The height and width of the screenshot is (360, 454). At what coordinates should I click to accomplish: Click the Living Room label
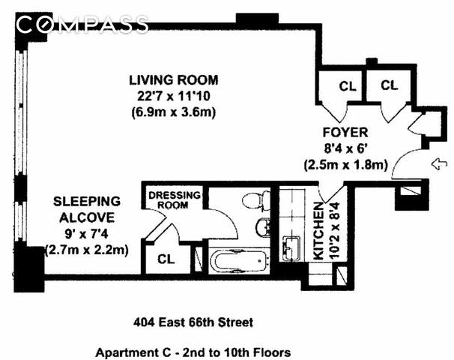[174, 80]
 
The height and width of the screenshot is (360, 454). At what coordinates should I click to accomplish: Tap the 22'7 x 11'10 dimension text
[174, 96]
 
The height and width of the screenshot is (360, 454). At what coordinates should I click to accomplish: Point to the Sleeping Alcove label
[87, 209]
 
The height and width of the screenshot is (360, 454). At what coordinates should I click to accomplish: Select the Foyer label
[345, 133]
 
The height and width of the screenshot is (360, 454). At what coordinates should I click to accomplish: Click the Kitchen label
[318, 231]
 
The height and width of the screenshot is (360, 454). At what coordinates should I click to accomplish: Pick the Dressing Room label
[175, 200]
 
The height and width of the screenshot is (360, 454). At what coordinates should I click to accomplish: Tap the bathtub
[239, 261]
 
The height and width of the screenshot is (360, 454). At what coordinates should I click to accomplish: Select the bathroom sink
[263, 227]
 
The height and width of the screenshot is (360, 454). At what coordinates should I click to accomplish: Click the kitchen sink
[291, 248]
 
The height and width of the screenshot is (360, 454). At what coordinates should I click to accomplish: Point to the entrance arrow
[439, 164]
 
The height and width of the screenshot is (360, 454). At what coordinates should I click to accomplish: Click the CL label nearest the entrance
[389, 85]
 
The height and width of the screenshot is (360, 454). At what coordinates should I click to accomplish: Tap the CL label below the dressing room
[166, 259]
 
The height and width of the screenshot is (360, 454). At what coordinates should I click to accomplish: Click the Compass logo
[82, 24]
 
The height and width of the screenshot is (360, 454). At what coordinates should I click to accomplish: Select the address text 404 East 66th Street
[193, 322]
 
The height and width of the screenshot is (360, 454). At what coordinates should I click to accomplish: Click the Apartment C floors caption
[193, 352]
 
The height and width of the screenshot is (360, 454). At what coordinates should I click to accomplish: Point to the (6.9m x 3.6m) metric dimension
[174, 112]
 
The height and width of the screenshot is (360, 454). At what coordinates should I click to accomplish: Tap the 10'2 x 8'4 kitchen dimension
[334, 231]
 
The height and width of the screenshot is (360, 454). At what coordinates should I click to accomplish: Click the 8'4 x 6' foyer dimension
[345, 148]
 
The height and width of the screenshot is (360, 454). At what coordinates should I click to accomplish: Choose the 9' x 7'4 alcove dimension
[87, 233]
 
